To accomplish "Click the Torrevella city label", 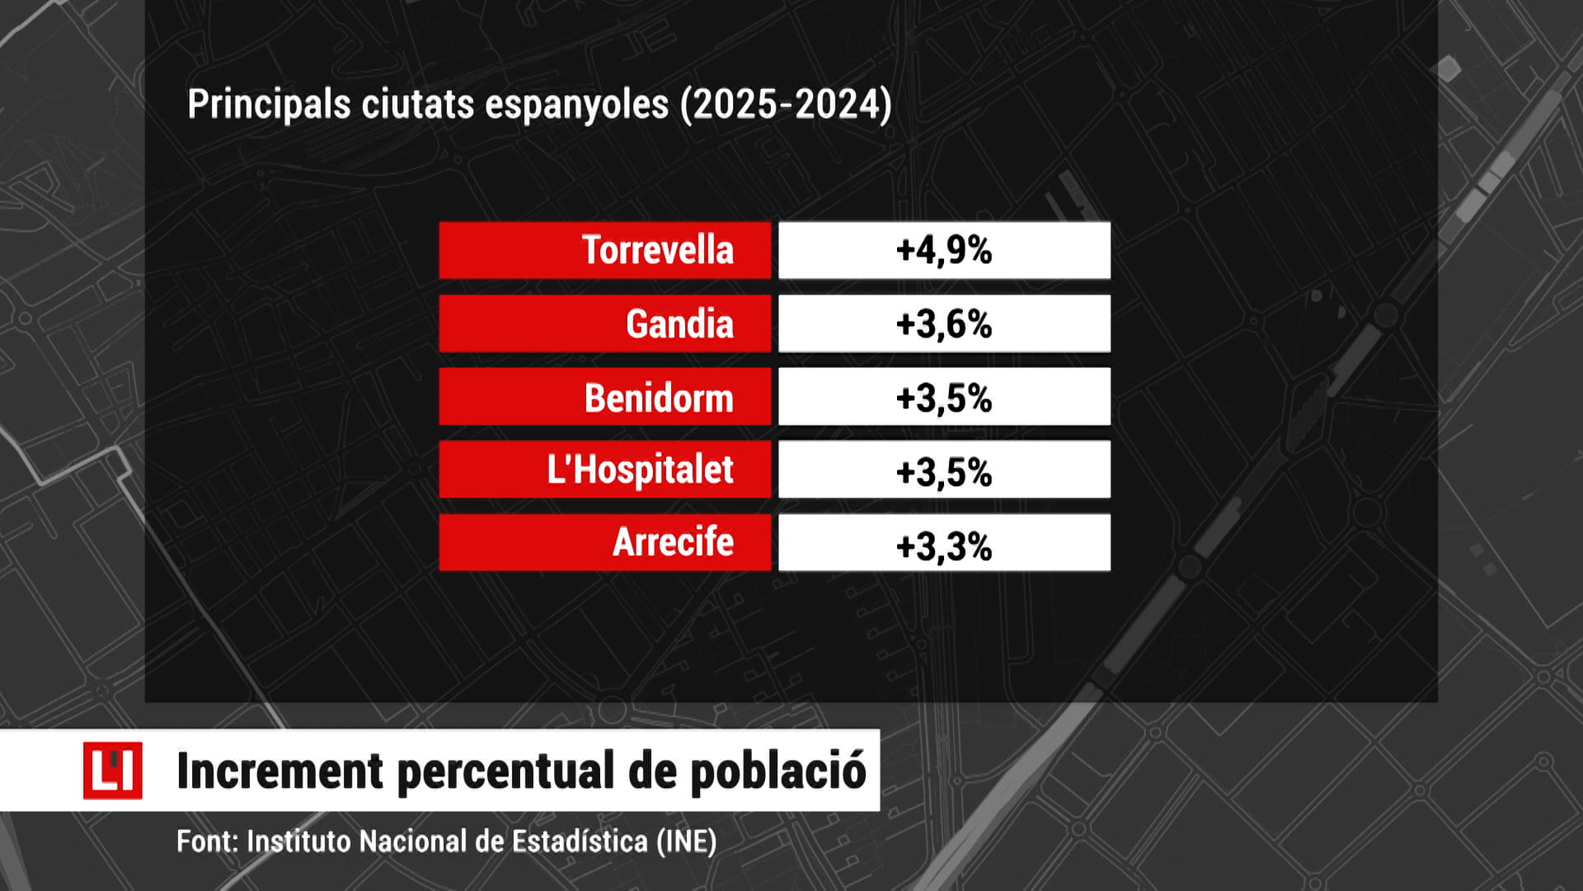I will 657,250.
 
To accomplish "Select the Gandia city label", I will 679,323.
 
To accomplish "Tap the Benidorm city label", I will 659,398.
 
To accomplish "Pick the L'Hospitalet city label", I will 640,470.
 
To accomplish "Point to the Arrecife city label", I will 673,543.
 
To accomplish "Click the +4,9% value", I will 944,250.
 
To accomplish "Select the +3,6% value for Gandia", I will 944,323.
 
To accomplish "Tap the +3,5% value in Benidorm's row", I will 944,398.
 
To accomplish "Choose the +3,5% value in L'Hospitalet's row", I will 944,471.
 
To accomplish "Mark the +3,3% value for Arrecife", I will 944,544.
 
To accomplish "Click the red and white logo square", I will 112,771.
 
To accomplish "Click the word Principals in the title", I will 269,105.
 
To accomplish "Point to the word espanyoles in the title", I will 576,105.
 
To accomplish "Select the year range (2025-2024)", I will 786,105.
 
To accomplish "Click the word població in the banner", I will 777,771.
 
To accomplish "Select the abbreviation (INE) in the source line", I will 686,841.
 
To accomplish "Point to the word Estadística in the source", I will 580,841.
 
